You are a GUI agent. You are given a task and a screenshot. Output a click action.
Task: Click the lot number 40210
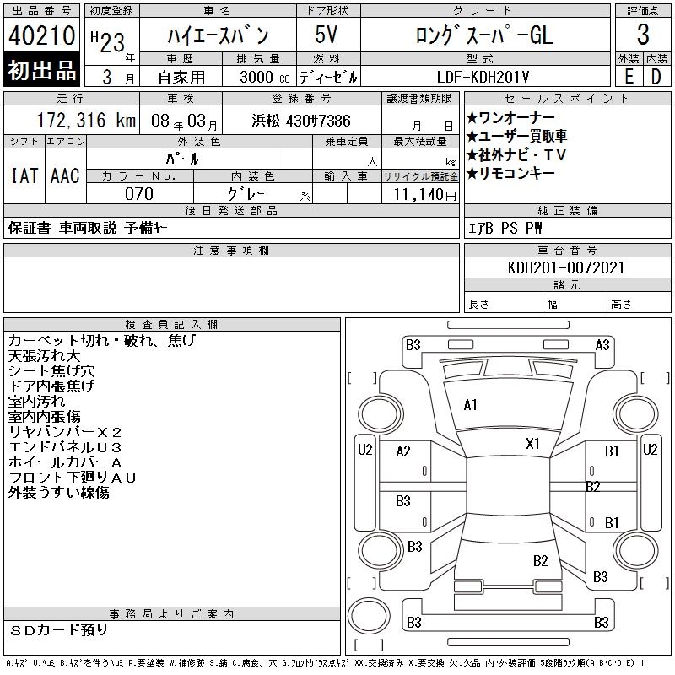[41, 35]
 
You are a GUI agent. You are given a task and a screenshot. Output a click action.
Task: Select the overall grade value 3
[643, 35]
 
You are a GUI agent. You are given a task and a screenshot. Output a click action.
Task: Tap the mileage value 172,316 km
[86, 121]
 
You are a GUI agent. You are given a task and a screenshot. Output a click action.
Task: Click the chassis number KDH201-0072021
[566, 267]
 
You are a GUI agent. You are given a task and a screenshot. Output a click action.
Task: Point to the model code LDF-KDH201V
[483, 77]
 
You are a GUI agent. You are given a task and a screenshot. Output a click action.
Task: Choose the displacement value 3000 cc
[265, 77]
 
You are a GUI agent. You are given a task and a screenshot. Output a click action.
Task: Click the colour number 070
[139, 194]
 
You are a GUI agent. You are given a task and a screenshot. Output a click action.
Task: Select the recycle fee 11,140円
[425, 195]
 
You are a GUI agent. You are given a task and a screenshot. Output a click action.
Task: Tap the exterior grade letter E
[629, 77]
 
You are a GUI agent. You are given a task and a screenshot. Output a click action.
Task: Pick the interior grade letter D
[656, 77]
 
